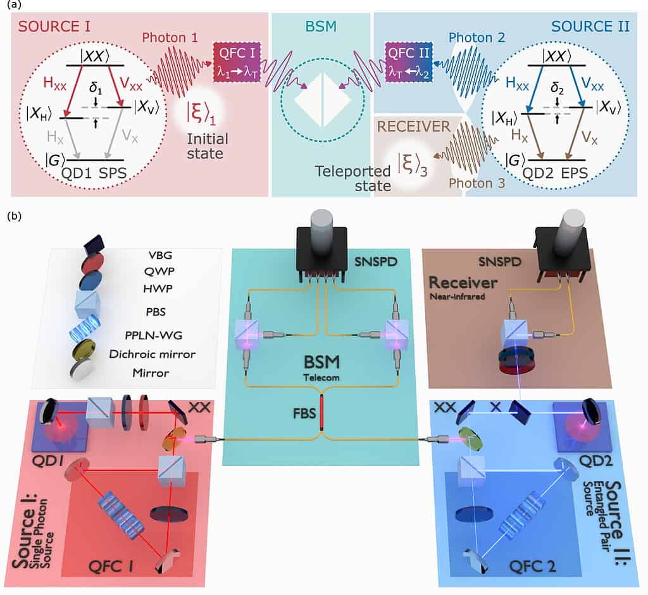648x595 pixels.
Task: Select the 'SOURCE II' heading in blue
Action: pos(590,27)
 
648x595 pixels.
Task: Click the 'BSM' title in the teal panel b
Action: pos(323,364)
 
